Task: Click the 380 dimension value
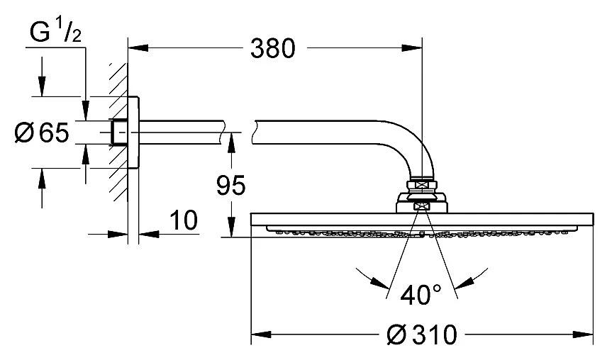click(x=273, y=49)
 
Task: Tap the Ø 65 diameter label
click(x=42, y=133)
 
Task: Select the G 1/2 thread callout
click(x=55, y=33)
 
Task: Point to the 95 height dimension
click(x=231, y=185)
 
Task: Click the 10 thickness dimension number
click(x=184, y=220)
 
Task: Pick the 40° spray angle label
click(x=421, y=295)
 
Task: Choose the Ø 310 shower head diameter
click(x=421, y=334)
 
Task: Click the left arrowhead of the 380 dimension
click(x=138, y=48)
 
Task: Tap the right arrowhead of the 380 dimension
click(x=412, y=48)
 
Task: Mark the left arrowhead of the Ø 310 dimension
click(x=261, y=334)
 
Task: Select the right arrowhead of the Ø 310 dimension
click(x=583, y=334)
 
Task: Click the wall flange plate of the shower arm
click(x=133, y=133)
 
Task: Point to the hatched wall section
click(x=118, y=133)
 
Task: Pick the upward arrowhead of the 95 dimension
click(x=231, y=142)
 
